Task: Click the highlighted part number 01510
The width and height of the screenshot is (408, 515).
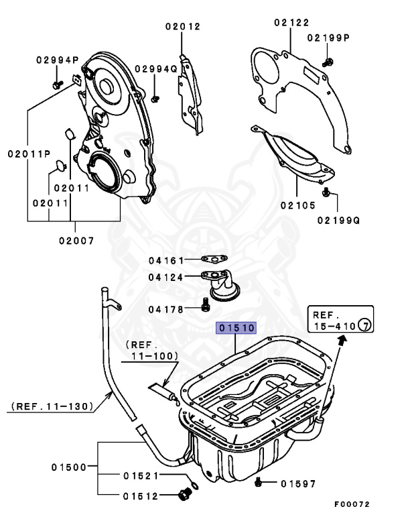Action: coord(235,328)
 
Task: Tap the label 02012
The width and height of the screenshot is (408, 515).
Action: coord(183,27)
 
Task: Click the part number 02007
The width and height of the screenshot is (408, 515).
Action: coord(75,239)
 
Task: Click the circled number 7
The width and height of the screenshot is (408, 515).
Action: coord(364,326)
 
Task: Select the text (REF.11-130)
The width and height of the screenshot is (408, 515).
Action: coord(52,406)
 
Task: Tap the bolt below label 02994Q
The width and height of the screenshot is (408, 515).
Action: coord(155,98)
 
